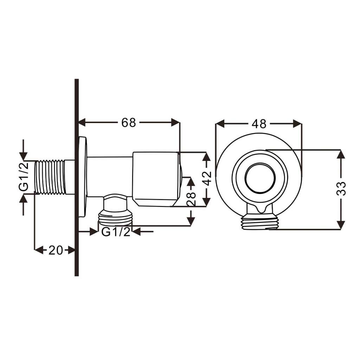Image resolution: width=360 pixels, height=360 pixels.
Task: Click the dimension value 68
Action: tap(128, 123)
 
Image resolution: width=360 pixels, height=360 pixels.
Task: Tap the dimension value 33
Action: tap(341, 188)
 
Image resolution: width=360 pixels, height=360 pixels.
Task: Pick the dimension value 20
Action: tap(56, 250)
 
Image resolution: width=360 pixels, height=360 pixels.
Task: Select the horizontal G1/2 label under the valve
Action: tap(116, 232)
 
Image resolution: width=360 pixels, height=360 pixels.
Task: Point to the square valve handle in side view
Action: tap(155, 179)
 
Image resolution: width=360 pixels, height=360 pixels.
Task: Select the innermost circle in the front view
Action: tap(259, 178)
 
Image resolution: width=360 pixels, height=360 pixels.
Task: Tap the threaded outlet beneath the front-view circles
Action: tap(260, 223)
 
